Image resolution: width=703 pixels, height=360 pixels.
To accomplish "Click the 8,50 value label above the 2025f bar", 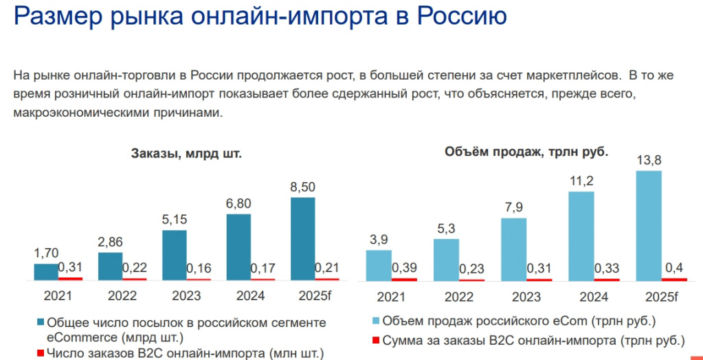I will coord(303,188).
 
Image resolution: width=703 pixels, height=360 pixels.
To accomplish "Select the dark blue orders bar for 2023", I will coord(175,255).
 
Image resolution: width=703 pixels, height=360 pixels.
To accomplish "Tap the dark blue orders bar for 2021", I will coord(47,272).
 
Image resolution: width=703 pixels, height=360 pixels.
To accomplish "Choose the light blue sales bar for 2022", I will coord(446,259).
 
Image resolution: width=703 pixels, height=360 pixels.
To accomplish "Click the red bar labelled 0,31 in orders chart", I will coord(70,278).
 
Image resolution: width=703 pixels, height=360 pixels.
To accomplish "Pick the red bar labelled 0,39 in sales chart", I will coord(404,279).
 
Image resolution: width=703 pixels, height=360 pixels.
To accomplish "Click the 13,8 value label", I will coord(649,161).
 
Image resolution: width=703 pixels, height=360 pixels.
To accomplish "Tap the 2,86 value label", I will coord(111,243).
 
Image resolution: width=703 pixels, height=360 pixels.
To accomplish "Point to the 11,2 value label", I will coord(581,181).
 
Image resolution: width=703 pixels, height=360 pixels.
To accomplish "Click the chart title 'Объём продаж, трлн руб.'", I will coord(526,152).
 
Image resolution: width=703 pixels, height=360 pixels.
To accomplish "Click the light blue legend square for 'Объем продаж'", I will coord(375,321).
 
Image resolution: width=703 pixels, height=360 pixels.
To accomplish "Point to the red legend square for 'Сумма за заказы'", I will coord(375,339).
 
